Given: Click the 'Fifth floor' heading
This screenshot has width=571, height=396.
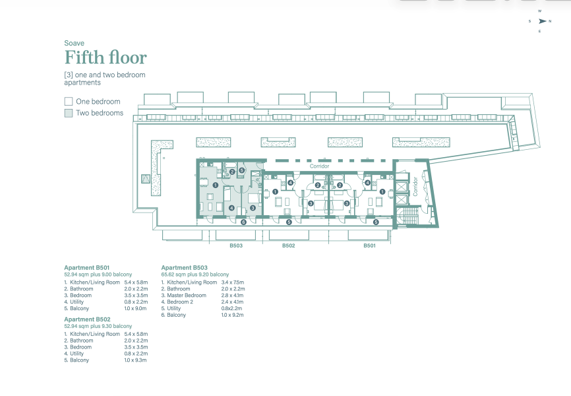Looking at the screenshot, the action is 105,57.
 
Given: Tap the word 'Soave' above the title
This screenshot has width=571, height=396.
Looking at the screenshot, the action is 74,43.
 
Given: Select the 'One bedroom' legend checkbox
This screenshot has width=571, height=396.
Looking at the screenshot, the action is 69,101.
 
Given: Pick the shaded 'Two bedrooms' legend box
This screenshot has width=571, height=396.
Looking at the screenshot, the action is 69,113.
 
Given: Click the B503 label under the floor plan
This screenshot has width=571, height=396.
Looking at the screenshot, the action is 236,246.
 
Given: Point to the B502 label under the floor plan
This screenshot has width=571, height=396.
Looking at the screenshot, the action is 288,246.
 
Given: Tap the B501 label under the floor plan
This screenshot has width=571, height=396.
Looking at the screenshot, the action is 369,246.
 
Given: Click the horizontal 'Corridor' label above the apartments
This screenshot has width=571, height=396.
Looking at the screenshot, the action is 319,166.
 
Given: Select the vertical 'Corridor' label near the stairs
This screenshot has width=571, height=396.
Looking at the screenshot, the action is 415,187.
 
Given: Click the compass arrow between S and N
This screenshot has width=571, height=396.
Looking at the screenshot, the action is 542,21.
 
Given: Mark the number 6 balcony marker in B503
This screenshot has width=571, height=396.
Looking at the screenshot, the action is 243,222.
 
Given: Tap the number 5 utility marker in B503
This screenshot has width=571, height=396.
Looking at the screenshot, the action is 241,170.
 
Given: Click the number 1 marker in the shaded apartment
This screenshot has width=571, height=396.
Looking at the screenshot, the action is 215,185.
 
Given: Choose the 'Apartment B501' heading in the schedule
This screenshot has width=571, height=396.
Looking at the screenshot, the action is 86,268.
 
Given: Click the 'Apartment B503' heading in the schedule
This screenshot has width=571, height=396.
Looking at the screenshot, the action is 184,268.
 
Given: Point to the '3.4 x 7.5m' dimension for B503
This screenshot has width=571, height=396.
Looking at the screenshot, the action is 232,282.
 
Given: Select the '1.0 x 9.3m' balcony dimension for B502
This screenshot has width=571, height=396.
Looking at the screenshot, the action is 135,360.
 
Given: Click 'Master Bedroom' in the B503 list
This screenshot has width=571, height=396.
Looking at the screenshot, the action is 187,296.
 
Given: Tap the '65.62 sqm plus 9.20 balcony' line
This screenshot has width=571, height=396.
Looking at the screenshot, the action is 195,275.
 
